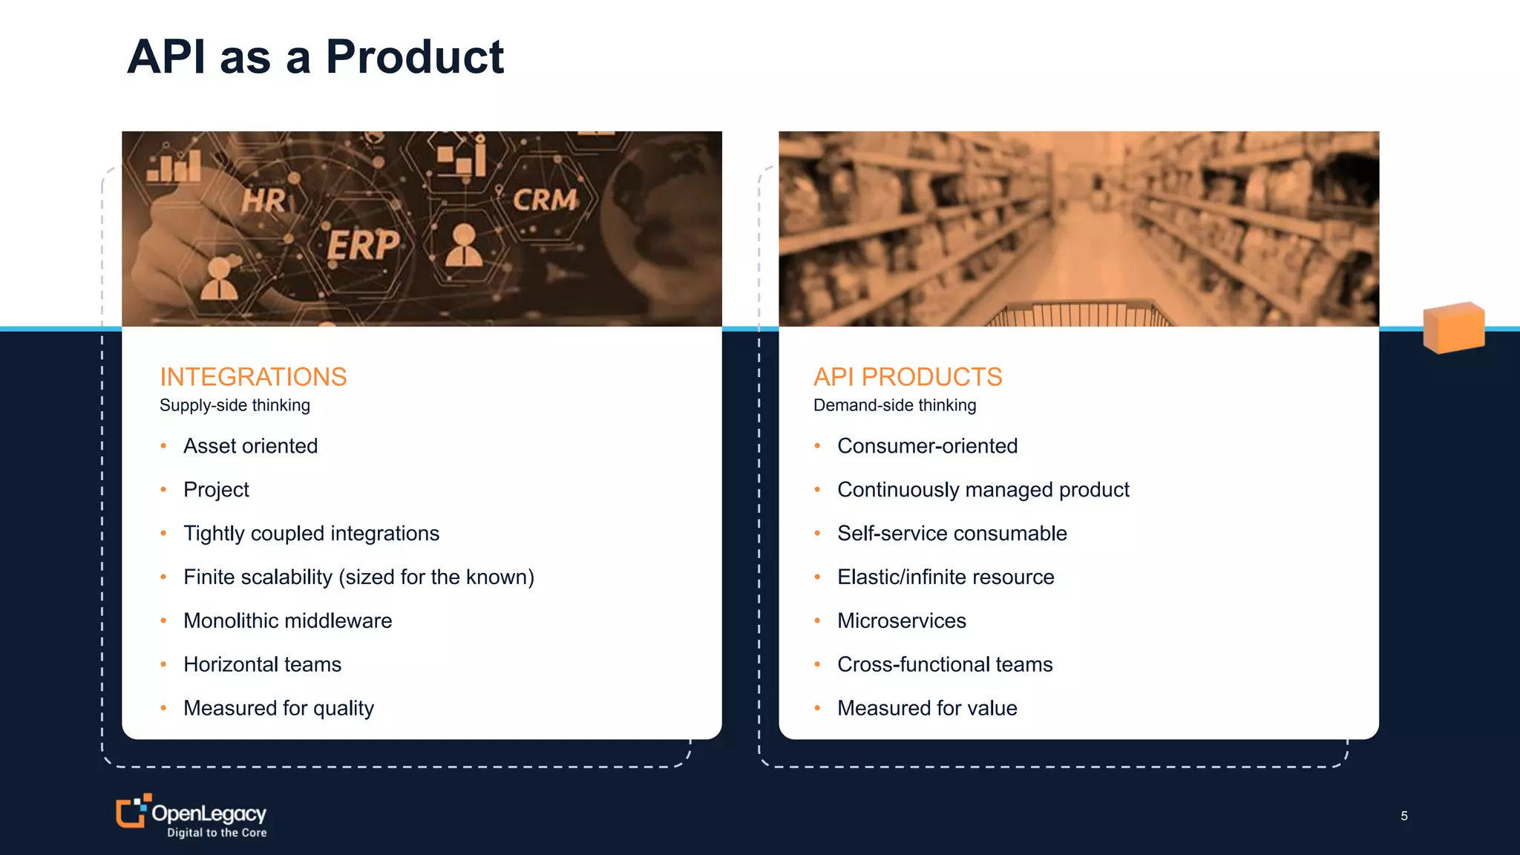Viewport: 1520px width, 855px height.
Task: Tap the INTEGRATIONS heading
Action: pos(253,377)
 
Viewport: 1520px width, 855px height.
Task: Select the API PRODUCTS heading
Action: pos(908,377)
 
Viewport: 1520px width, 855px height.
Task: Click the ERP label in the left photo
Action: pos(363,244)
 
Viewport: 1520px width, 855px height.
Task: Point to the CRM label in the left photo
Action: pos(545,200)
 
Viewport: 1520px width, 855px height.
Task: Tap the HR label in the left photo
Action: pos(263,200)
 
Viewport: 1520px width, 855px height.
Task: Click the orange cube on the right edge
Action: pos(1453,327)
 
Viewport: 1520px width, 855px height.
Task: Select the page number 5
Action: pos(1403,816)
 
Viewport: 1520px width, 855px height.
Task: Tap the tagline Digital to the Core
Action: pos(217,833)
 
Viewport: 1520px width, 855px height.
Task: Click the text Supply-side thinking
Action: pos(235,405)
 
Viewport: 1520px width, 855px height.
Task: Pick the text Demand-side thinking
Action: pos(894,405)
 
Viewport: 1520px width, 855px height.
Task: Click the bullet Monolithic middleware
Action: pos(287,620)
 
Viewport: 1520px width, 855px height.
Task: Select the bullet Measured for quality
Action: pos(278,708)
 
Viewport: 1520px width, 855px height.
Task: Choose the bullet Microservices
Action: pos(901,620)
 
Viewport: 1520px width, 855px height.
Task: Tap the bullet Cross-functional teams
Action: pos(945,664)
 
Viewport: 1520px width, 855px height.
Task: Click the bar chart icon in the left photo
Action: pos(174,165)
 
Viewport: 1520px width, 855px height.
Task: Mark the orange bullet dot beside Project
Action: pos(163,490)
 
